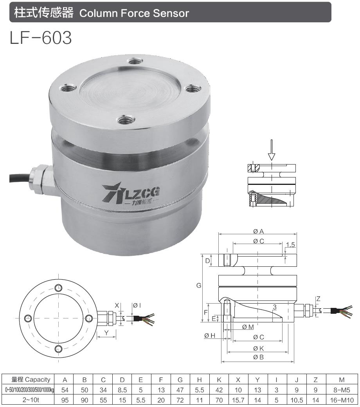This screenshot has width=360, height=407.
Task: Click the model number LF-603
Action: (41, 38)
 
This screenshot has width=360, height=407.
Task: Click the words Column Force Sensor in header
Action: (134, 13)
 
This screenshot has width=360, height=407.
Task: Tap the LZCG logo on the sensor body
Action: (131, 194)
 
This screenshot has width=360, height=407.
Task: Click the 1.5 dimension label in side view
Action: (290, 245)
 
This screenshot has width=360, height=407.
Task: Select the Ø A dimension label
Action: (259, 231)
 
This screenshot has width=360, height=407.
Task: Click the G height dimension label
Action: (199, 286)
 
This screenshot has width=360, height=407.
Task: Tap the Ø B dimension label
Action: (258, 357)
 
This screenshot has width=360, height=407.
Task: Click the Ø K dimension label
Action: (258, 348)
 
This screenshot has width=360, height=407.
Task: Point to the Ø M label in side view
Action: (248, 327)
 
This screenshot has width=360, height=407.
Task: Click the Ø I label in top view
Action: (137, 306)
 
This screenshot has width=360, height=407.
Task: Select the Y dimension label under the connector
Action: (106, 333)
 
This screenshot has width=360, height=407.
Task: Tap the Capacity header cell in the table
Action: (31, 379)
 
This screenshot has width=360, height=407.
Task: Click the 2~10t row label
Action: (31, 400)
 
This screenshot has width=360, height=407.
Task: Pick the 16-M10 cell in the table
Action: (342, 400)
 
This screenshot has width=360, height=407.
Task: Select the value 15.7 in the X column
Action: (238, 400)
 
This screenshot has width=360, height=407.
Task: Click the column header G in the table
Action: (180, 379)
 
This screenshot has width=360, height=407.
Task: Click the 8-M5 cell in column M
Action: (342, 390)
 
